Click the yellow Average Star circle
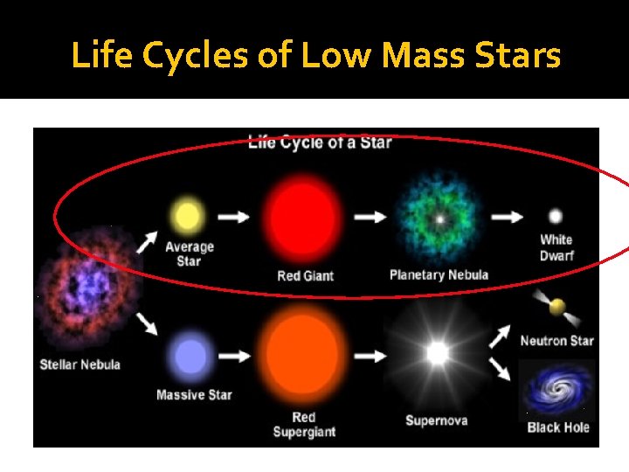tap(188, 215)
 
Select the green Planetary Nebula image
tap(439, 219)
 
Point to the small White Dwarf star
tap(555, 216)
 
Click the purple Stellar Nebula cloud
tap(83, 285)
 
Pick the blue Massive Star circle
tap(191, 357)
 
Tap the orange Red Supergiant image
tap(303, 354)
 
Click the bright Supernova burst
tap(437, 353)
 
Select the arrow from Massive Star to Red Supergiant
tap(232, 357)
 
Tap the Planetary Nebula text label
tap(439, 275)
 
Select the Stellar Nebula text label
tap(79, 364)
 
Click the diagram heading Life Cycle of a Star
tap(320, 142)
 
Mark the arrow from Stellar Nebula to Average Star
tap(147, 242)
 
